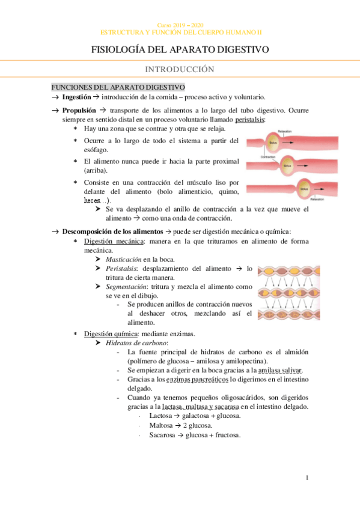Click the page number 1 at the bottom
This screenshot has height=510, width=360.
point(307,479)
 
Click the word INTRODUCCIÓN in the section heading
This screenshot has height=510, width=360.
point(180,69)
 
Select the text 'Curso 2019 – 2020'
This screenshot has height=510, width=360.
point(180,25)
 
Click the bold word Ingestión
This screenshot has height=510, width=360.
point(77,97)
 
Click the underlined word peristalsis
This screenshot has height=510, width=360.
point(249,119)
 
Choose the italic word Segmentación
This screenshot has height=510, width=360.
point(127,287)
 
